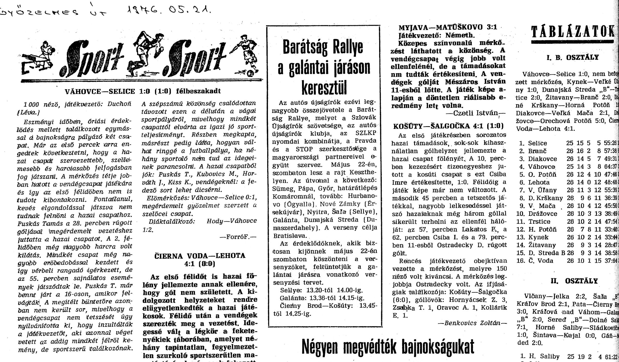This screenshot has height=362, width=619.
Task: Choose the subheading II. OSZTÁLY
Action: click(x=574, y=281)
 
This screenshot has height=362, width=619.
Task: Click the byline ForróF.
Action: click(x=238, y=237)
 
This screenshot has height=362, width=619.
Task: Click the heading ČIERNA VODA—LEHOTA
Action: click(x=200, y=256)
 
